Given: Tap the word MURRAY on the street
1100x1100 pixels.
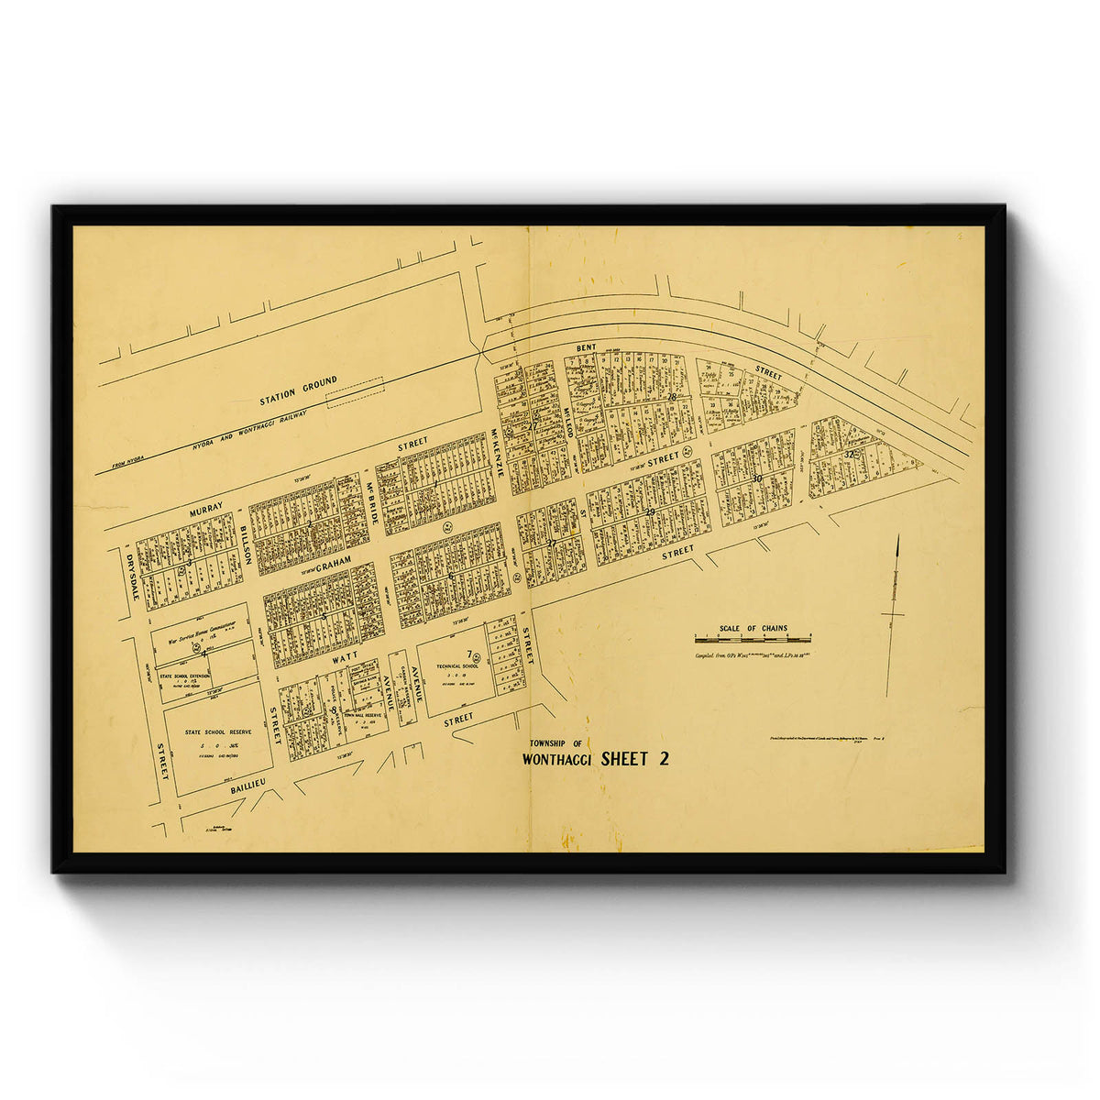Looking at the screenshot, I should (206, 510).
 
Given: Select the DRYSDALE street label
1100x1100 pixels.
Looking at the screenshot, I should (130, 575).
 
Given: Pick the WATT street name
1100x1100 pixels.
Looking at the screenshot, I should (345, 656).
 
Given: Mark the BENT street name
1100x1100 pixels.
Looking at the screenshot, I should (587, 349).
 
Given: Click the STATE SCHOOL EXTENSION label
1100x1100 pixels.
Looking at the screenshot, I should (184, 676).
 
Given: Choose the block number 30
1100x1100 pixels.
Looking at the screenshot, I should (756, 478).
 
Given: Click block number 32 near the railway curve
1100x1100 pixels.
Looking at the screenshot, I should (850, 454).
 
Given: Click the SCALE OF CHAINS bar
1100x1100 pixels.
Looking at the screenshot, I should (753, 638).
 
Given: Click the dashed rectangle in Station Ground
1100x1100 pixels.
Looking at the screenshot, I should (356, 393).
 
